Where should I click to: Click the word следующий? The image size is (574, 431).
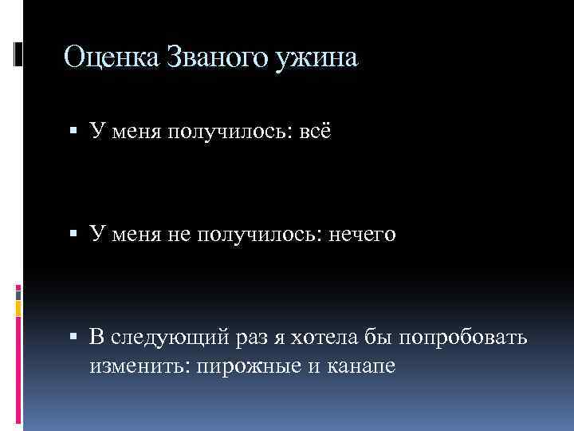click(171, 338)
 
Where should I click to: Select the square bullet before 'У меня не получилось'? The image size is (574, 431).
click(73, 233)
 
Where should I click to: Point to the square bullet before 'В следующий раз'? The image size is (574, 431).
click(73, 337)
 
